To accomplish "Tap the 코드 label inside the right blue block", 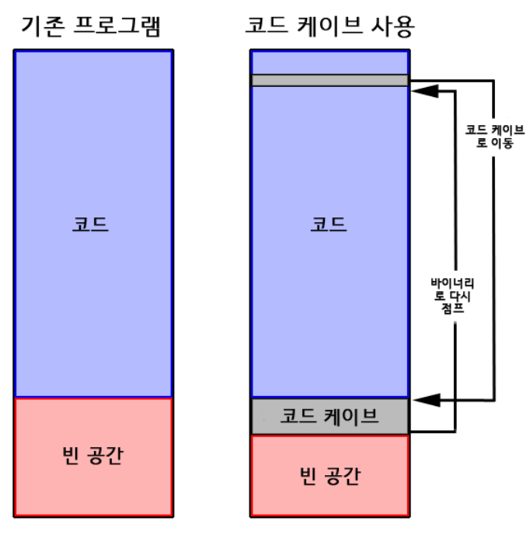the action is [x=329, y=224].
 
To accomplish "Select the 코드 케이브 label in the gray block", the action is [x=329, y=416].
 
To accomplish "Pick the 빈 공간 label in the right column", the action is [x=329, y=474].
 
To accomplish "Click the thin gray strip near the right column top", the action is [x=329, y=80].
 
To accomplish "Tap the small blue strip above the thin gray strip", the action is [x=329, y=62].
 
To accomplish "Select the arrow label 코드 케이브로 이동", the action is [x=494, y=136].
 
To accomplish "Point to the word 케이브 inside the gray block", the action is [x=350, y=416].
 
